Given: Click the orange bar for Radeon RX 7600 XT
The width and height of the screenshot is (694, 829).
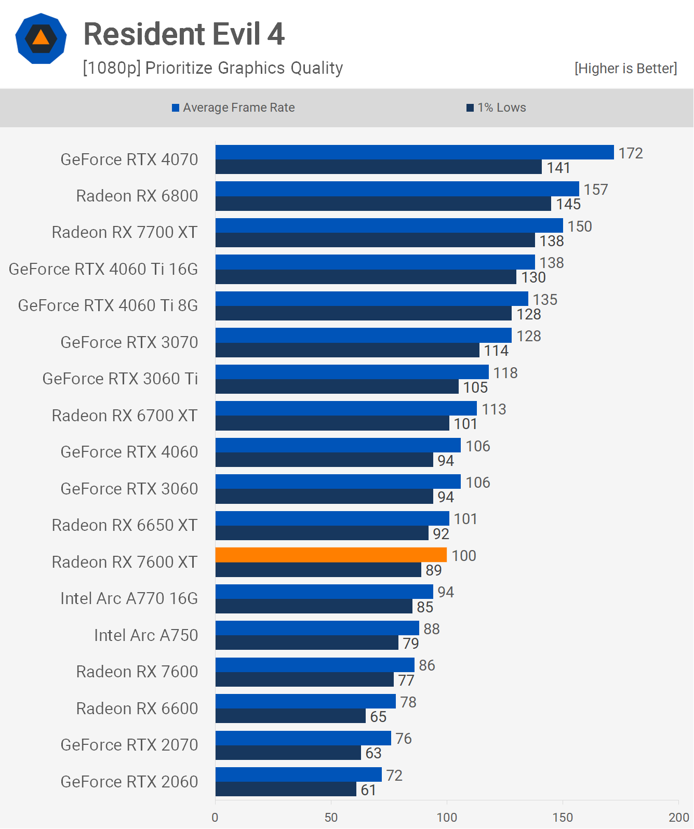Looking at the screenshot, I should (331, 555).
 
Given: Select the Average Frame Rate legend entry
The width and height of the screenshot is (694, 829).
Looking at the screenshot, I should (233, 108).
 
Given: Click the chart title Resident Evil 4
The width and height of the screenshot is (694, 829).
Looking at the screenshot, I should (184, 34).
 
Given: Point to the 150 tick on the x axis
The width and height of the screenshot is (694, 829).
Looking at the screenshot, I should (563, 817).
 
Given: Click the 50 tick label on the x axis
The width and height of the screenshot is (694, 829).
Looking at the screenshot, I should (331, 817).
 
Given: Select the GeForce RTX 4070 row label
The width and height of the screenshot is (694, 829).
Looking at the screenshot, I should (129, 159).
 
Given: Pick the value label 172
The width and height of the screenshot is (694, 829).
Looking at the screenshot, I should (630, 153).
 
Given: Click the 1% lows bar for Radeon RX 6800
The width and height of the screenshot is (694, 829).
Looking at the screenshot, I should (383, 204).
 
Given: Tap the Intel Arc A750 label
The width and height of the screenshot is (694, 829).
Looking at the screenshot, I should (146, 635).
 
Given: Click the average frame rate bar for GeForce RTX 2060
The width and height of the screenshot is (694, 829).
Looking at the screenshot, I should (299, 774).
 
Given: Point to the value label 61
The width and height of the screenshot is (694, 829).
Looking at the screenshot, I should (368, 790).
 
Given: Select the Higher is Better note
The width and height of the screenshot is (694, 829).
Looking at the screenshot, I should (625, 69).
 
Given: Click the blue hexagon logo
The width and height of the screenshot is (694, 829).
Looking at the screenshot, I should (41, 38).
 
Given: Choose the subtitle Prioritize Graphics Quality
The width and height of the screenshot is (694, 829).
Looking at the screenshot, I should (213, 68).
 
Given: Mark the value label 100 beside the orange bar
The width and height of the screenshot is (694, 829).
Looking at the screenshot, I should (463, 556).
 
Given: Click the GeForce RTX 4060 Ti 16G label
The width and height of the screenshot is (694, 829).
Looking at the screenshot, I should (103, 269).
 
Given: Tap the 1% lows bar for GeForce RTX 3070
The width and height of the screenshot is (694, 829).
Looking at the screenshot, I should (347, 350).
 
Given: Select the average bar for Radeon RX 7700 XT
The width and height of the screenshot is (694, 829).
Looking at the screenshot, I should (389, 225).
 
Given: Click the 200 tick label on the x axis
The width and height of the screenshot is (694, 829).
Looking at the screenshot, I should (678, 817).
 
